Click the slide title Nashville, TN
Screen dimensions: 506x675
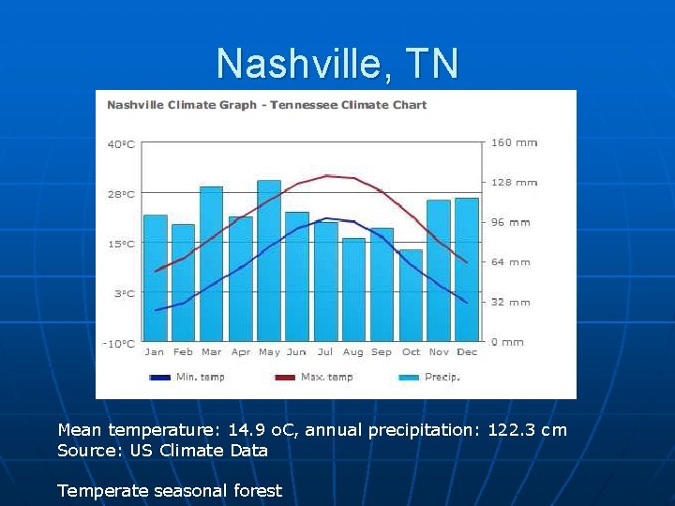(x=337, y=64)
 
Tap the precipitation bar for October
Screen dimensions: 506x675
(x=411, y=294)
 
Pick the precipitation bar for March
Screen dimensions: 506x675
(x=212, y=263)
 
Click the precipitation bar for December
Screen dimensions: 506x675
(x=467, y=269)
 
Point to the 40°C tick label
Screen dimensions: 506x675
(x=121, y=144)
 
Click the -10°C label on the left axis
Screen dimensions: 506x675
(x=119, y=344)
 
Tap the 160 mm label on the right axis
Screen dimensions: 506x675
(x=514, y=143)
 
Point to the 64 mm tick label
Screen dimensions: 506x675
(x=511, y=262)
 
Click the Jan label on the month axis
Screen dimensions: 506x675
(x=155, y=352)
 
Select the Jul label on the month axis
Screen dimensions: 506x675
(x=325, y=352)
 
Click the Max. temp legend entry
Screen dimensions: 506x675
(x=326, y=377)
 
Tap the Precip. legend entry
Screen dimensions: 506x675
(x=442, y=377)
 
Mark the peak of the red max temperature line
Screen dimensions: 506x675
(x=326, y=175)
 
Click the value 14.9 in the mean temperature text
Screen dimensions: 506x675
(x=250, y=430)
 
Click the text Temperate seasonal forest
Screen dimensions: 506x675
(x=170, y=490)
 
